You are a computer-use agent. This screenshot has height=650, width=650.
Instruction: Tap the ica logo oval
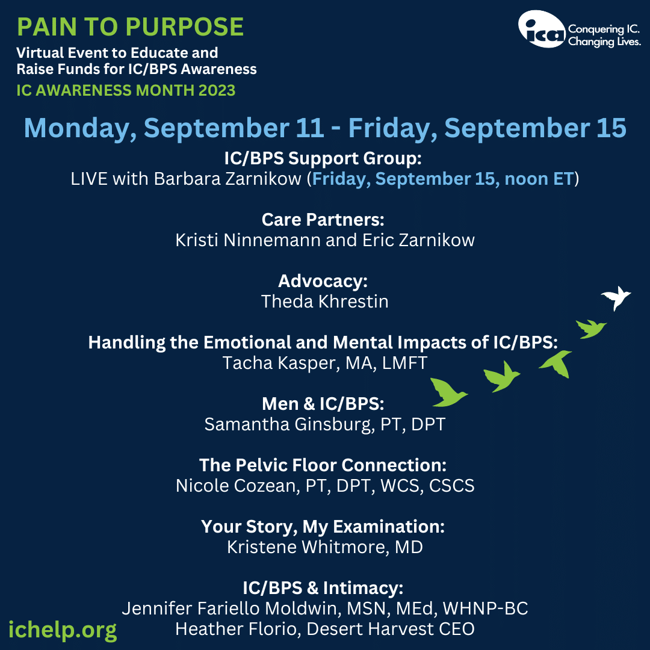tap(542, 29)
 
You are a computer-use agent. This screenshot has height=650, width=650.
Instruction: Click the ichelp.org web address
tap(63, 630)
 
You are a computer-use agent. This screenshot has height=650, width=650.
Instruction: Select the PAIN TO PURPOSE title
tap(130, 27)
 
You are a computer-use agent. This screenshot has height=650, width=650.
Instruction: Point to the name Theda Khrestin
tap(324, 302)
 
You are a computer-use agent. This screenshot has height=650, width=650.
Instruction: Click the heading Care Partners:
tap(323, 220)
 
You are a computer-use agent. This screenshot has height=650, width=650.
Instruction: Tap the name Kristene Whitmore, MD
tap(324, 547)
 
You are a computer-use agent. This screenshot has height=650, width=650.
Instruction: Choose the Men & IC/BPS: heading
tap(323, 404)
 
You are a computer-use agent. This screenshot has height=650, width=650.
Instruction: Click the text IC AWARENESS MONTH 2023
tap(126, 90)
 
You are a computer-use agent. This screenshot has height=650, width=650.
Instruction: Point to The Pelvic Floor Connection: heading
tap(323, 465)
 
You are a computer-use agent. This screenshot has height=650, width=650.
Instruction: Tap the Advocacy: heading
tap(323, 281)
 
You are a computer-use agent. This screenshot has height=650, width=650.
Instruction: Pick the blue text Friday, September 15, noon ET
tap(443, 179)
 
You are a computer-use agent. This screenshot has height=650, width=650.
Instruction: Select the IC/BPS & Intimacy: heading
tap(323, 588)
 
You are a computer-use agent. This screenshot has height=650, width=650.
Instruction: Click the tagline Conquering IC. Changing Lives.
tap(604, 36)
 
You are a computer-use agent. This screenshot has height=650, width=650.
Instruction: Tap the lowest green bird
tap(448, 392)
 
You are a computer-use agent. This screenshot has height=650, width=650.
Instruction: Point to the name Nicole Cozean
tap(235, 486)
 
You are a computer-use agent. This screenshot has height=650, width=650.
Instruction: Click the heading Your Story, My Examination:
tap(323, 527)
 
